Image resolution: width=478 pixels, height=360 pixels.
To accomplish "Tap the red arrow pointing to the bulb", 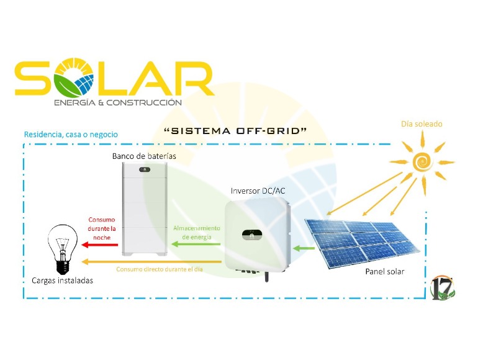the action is tap(100, 245).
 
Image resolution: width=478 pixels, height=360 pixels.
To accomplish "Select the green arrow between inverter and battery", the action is tap(196, 244).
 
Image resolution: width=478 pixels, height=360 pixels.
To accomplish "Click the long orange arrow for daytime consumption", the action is tap(151, 261).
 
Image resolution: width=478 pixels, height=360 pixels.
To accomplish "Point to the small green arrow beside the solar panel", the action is tap(304, 248).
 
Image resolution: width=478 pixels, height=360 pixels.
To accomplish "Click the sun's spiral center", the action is tap(423, 161).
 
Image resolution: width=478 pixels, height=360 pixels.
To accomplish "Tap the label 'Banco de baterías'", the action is tap(144, 156).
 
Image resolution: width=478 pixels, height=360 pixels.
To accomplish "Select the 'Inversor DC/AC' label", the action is tap(258, 191).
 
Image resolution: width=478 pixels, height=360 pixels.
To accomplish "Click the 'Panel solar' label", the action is tap(385, 271).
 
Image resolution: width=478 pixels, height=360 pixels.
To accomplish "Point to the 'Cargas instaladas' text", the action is tap(63, 281).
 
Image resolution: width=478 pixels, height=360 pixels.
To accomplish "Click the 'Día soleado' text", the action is tap(422, 124).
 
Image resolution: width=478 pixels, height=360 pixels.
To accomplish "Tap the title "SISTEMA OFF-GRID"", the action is tap(235, 131).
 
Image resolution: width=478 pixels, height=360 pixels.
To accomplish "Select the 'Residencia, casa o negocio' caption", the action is tap(71, 135).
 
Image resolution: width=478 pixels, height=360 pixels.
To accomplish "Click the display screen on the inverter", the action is tap(252, 235).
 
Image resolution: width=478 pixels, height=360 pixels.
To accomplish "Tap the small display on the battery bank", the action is tap(145, 169).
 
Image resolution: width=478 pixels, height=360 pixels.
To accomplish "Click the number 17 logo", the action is tap(443, 288).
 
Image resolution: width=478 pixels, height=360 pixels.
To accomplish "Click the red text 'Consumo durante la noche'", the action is tap(102, 228).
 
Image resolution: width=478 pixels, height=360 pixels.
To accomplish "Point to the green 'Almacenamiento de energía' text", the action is tap(197, 233).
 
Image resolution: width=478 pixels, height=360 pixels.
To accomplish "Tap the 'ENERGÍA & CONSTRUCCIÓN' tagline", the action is tap(118, 103).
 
